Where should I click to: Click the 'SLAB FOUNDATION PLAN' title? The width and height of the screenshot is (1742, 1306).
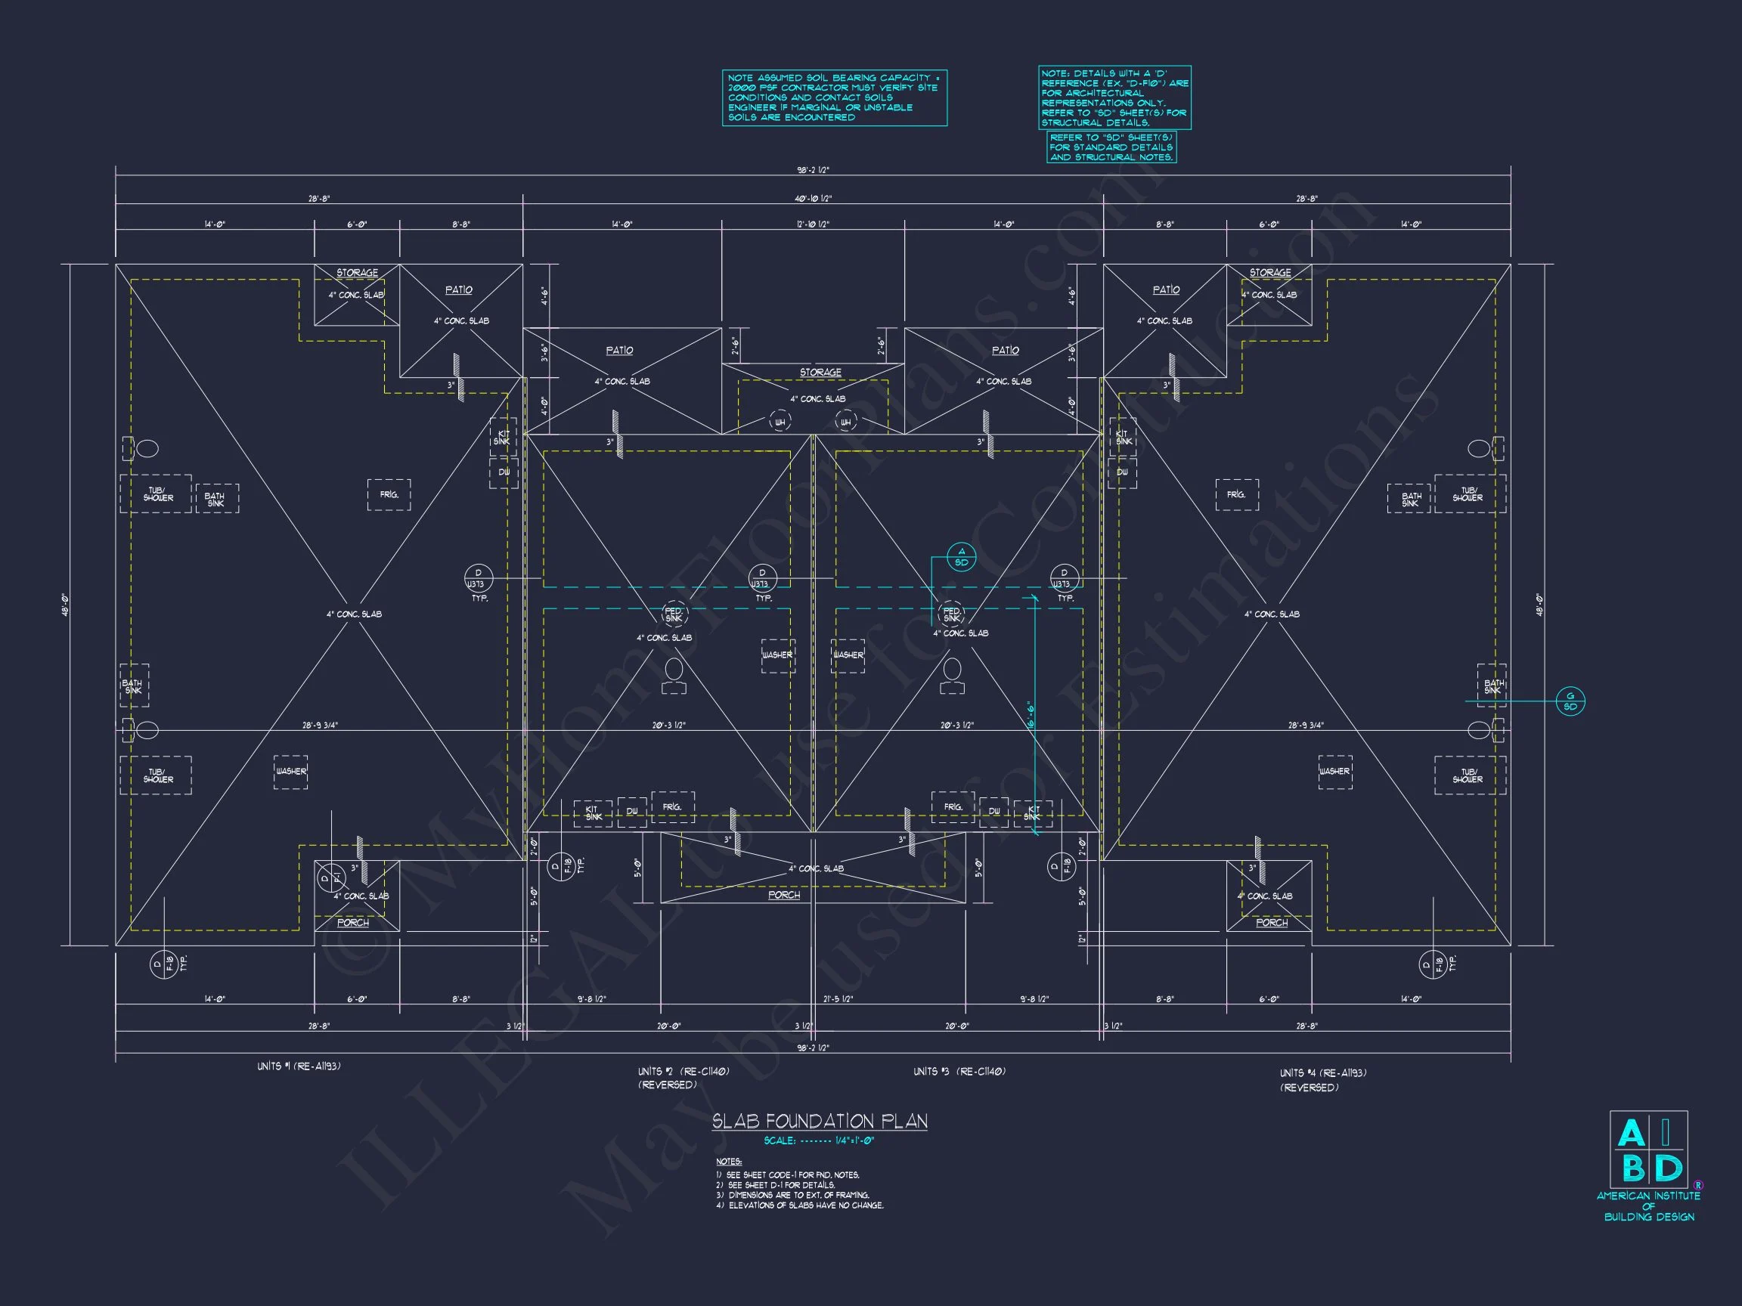coord(819,1121)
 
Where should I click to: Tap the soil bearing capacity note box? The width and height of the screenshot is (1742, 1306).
coord(834,97)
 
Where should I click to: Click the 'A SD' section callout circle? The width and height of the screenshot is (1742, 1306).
coord(961,557)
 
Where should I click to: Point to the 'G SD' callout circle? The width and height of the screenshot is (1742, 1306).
coord(1570,701)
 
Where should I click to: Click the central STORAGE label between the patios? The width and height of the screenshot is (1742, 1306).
coord(820,373)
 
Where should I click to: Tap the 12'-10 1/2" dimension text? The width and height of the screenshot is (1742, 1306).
coord(813,225)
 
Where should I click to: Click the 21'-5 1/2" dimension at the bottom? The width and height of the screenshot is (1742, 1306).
coord(837,999)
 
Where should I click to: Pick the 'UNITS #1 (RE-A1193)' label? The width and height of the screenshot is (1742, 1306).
coord(299,1066)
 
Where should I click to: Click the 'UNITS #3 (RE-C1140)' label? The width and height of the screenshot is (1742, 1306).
coord(959,1072)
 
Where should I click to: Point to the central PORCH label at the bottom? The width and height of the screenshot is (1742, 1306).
coord(783,895)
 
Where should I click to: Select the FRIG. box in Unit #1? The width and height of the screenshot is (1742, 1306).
coord(389,495)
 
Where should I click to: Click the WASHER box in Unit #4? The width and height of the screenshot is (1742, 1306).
coord(1334,772)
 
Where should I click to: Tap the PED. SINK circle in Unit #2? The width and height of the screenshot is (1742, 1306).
coord(674,614)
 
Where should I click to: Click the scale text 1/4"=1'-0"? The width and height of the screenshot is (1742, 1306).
coord(854,1140)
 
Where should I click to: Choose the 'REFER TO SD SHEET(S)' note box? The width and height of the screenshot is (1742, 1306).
coord(1111,147)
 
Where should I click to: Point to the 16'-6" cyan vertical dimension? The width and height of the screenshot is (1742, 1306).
coord(1031,716)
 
